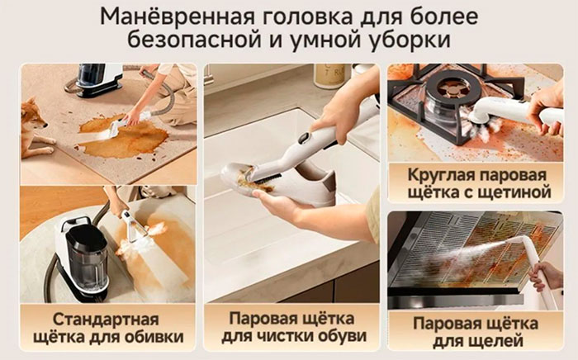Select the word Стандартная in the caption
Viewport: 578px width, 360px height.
click(x=106, y=320)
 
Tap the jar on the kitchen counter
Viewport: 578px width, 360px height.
click(x=329, y=76)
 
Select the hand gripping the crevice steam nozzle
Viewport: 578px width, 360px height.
click(x=545, y=274)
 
